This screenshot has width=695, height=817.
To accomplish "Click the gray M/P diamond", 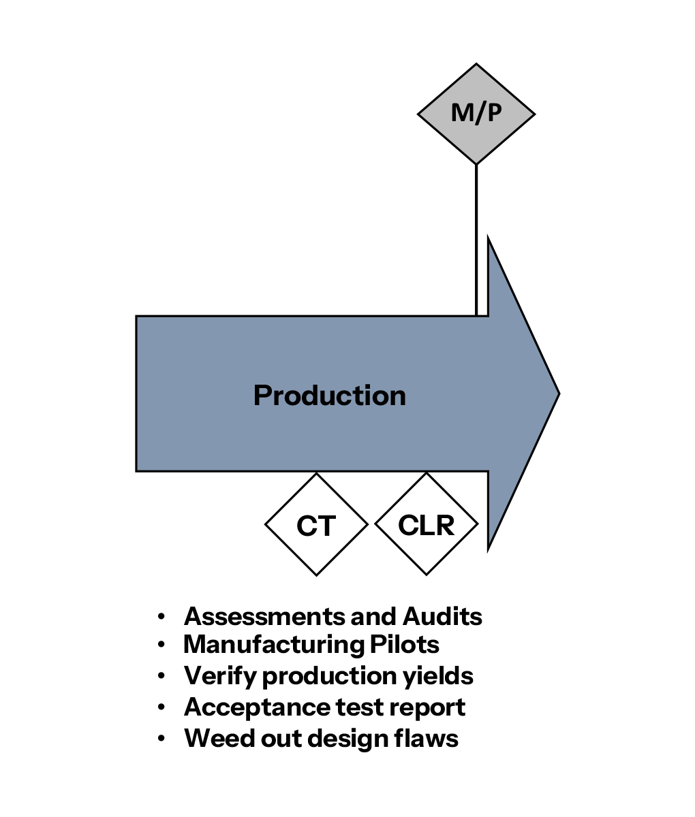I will click(476, 114).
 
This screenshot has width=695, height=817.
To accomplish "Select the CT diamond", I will click(316, 525).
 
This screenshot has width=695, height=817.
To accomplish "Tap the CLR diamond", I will click(427, 525).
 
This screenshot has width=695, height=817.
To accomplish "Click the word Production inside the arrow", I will click(329, 396).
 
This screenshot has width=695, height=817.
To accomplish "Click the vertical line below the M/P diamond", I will click(476, 238).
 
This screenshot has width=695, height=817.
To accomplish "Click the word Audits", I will click(442, 616).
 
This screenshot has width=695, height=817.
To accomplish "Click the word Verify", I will click(220, 676).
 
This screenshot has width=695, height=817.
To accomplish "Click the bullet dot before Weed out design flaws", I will click(161, 739).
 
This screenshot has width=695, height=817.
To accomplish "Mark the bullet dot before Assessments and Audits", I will click(161, 617).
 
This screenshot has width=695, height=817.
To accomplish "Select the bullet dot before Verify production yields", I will click(161, 677).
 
